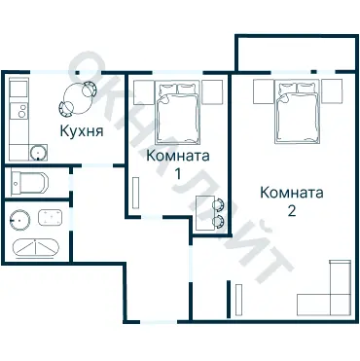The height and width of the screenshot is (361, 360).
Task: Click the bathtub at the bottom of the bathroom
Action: (x=37, y=247)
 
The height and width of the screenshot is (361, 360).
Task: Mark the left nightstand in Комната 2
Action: (x=263, y=91)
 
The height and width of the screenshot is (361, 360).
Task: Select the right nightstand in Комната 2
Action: (x=332, y=91)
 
